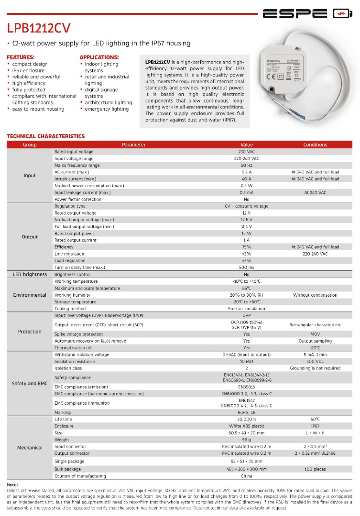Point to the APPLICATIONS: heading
pos(99,57)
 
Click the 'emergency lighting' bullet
pos(107,109)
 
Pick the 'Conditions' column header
pos(315,144)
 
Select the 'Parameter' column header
pos(134,144)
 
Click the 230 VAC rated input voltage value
pos(247,151)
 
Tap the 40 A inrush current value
pos(247,179)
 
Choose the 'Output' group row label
pos(30,236)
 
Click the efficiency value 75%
pos(247,247)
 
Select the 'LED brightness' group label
pos(30,274)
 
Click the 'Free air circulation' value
pos(247,309)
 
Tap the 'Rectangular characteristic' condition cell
pos(315,325)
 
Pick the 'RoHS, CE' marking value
pos(247,412)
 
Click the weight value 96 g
pos(247,440)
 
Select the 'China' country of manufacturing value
pos(247,476)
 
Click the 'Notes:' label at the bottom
pos(13,484)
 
